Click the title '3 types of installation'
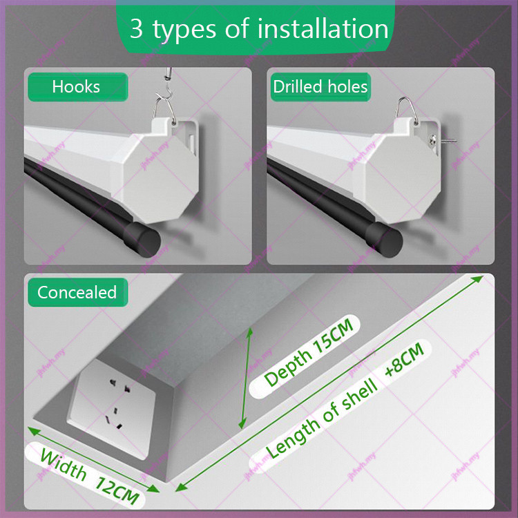259,29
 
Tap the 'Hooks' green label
77,87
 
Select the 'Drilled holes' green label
320,87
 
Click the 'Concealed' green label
77,292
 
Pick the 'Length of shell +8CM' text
345,401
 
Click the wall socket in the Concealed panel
112,408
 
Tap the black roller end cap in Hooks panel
142,239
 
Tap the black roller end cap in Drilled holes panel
384,239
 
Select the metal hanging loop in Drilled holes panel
407,111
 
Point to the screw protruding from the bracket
444,142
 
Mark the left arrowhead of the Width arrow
33,430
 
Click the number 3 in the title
136,28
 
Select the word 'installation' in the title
323,28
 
